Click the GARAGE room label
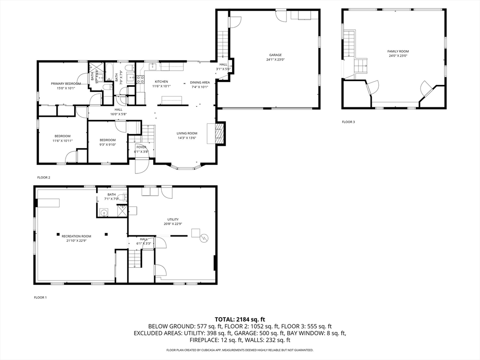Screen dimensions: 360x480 275,55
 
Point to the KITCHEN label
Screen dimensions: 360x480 161,82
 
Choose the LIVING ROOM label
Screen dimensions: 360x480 187,133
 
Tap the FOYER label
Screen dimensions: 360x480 141,147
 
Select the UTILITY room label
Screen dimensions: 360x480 173,219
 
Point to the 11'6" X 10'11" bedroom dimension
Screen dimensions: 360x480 62,141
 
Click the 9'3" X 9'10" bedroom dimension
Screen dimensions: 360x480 107,144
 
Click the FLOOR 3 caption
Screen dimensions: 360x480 348,122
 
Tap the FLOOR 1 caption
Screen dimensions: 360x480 40,297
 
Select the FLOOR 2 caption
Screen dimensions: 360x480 44,177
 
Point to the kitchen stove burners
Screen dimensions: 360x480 140,79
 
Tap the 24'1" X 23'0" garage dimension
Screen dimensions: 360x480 275,60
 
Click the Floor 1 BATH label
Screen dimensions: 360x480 111,195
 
